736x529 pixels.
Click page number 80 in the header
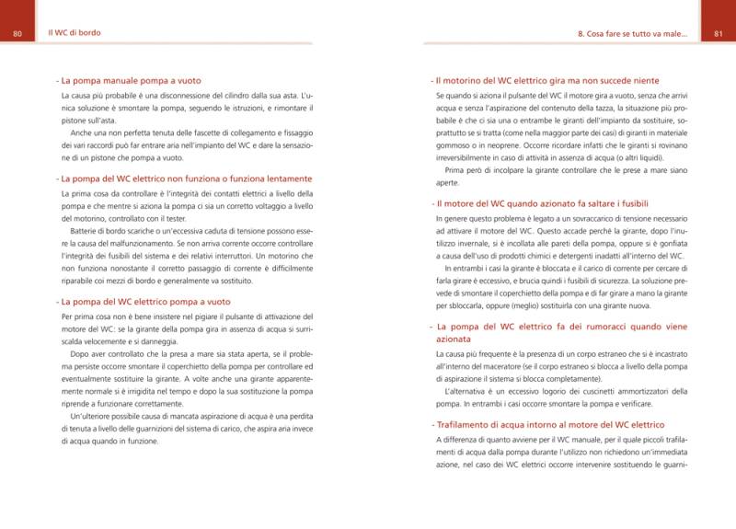17,34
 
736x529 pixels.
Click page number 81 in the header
719,34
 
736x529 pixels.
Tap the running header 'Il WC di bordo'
75,33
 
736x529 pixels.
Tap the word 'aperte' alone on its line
448,183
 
